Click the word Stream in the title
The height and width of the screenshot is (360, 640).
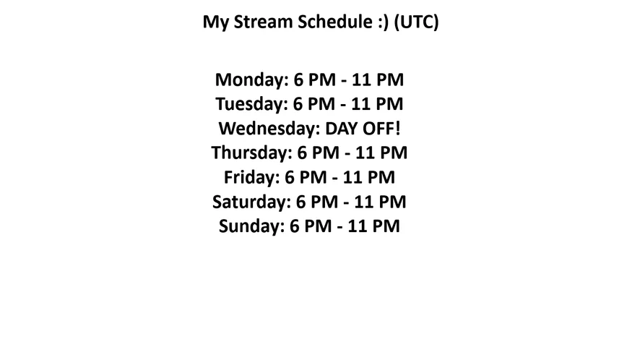point(263,22)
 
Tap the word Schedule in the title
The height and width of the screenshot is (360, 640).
point(334,22)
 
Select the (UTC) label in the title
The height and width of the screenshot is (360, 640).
point(416,22)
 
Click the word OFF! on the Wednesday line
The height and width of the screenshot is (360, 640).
point(381,128)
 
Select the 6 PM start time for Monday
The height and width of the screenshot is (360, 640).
point(315,80)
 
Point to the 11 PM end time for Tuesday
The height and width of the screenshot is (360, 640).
point(377,104)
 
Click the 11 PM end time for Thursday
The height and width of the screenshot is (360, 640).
point(381,153)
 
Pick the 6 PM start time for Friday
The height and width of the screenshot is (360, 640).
point(306,177)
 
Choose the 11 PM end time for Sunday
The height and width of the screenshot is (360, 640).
point(374,226)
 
